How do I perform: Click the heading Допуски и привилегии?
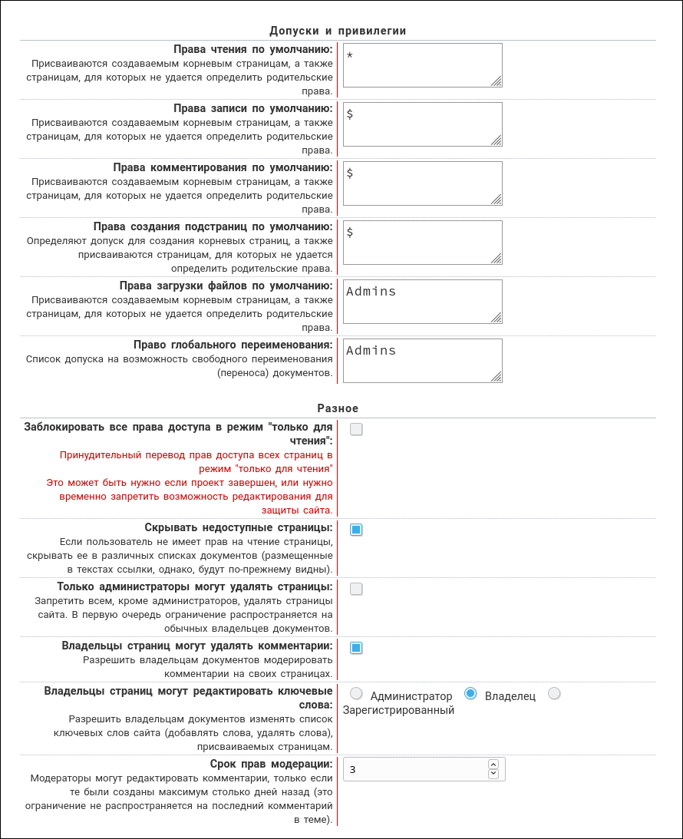pyautogui.click(x=338, y=31)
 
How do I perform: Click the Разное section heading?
pyautogui.click(x=338, y=408)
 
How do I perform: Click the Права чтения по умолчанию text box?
pyautogui.click(x=422, y=65)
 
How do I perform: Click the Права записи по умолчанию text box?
pyautogui.click(x=422, y=124)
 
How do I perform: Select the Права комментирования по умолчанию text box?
pyautogui.click(x=422, y=183)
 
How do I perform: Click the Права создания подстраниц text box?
pyautogui.click(x=422, y=243)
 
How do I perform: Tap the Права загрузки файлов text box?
pyautogui.click(x=422, y=302)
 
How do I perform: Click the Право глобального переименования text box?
pyautogui.click(x=422, y=361)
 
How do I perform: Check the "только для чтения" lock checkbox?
pyautogui.click(x=356, y=429)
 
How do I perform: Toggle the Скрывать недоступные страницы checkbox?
pyautogui.click(x=356, y=530)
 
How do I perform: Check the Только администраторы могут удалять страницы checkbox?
pyautogui.click(x=356, y=589)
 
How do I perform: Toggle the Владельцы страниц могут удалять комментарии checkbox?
pyautogui.click(x=356, y=648)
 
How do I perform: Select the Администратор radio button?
pyautogui.click(x=356, y=694)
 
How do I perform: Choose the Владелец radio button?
pyautogui.click(x=471, y=694)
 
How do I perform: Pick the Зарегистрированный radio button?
pyautogui.click(x=554, y=694)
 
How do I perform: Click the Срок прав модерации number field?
pyautogui.click(x=414, y=769)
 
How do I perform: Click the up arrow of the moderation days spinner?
pyautogui.click(x=493, y=765)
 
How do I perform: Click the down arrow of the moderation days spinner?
pyautogui.click(x=493, y=774)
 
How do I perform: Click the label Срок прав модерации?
pyautogui.click(x=271, y=764)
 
